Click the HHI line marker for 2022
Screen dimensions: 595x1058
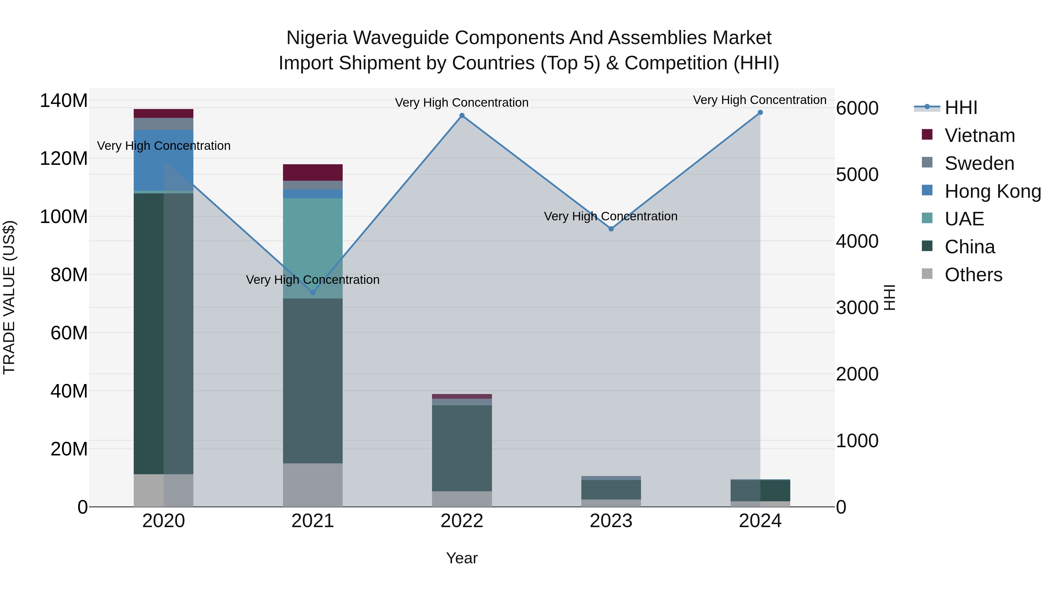pyautogui.click(x=462, y=116)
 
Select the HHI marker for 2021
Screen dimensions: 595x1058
pyautogui.click(x=313, y=292)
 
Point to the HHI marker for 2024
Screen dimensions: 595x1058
pyautogui.click(x=760, y=113)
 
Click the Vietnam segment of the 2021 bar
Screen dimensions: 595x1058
pyautogui.click(x=313, y=172)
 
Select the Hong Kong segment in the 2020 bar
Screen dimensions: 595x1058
pyautogui.click(x=163, y=160)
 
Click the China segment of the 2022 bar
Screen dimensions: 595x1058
pyautogui.click(x=462, y=447)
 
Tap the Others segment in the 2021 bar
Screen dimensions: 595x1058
pyautogui.click(x=313, y=485)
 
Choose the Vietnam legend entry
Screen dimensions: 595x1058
pyautogui.click(x=980, y=135)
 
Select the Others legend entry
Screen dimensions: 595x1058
pyautogui.click(x=973, y=275)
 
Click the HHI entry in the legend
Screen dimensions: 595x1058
pyautogui.click(x=961, y=108)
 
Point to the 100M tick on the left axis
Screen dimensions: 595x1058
pyautogui.click(x=64, y=216)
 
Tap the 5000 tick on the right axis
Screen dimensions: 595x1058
pyautogui.click(x=857, y=175)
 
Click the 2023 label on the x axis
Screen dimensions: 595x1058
pyautogui.click(x=611, y=521)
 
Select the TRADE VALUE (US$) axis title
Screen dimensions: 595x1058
pyautogui.click(x=9, y=297)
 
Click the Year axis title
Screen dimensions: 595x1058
pyautogui.click(x=462, y=558)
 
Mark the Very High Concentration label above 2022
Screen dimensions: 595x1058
pyautogui.click(x=462, y=103)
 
